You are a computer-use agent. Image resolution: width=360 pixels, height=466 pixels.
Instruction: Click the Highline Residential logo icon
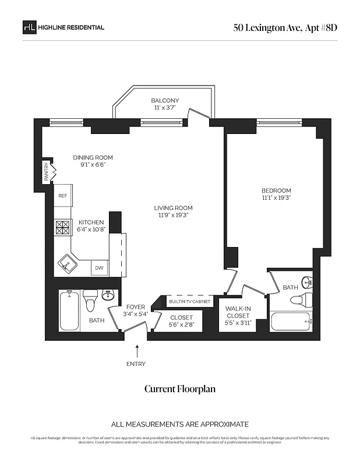click(x=29, y=27)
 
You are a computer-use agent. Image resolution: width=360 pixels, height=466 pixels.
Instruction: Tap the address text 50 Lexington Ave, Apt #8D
click(x=285, y=27)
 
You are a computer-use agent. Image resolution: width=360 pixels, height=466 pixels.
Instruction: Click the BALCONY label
click(x=165, y=100)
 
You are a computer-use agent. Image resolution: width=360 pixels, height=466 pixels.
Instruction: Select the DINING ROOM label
click(x=93, y=157)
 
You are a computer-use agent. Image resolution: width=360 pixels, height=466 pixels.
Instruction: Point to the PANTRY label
click(x=47, y=173)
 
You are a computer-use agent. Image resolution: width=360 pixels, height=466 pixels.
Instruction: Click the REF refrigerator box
click(x=62, y=196)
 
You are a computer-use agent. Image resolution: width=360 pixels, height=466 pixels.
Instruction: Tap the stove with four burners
click(x=62, y=226)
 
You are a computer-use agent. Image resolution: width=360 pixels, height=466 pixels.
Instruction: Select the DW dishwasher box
click(x=99, y=269)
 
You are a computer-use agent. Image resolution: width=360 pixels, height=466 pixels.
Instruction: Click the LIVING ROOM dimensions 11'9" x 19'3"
click(x=173, y=216)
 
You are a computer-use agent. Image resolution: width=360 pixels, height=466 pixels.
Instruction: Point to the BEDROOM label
click(x=276, y=190)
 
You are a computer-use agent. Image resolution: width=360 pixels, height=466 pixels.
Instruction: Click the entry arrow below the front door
click(x=137, y=349)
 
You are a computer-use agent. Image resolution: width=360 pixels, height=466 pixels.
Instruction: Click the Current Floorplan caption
click(x=180, y=389)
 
